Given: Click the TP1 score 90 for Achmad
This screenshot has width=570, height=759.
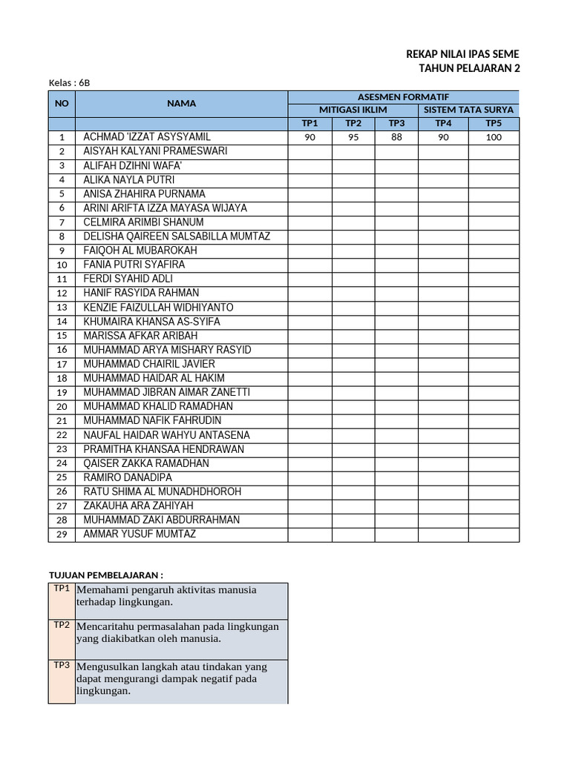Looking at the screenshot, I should pyautogui.click(x=309, y=137).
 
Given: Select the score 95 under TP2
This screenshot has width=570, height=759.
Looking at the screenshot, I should pyautogui.click(x=353, y=137).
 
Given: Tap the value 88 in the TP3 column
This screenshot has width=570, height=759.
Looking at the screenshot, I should pyautogui.click(x=396, y=137).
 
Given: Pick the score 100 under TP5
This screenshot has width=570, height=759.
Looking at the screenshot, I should pyautogui.click(x=494, y=137).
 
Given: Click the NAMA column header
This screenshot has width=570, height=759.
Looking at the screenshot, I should pyautogui.click(x=181, y=104).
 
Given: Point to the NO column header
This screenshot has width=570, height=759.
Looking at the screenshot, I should pyautogui.click(x=62, y=104).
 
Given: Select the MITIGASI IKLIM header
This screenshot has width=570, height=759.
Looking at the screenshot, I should pyautogui.click(x=353, y=110).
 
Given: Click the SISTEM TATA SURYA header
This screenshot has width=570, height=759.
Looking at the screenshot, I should pyautogui.click(x=468, y=110).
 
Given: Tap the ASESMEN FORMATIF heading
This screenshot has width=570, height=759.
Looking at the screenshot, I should pyautogui.click(x=403, y=97).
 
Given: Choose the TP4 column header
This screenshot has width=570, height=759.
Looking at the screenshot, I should pyautogui.click(x=443, y=123).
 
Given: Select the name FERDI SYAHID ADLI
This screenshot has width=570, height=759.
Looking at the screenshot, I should pyautogui.click(x=128, y=279).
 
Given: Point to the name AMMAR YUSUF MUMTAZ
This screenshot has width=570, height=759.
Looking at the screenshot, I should pyautogui.click(x=140, y=534).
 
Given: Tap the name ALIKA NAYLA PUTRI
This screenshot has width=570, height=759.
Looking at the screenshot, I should pyautogui.click(x=128, y=179).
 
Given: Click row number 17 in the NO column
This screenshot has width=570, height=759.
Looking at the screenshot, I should pyautogui.click(x=62, y=364).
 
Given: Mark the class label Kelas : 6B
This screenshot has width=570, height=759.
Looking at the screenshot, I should pyautogui.click(x=69, y=82).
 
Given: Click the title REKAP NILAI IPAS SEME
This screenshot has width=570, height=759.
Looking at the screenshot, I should pyautogui.click(x=463, y=54).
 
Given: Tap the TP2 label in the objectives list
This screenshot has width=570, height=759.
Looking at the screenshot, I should pyautogui.click(x=61, y=625).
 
